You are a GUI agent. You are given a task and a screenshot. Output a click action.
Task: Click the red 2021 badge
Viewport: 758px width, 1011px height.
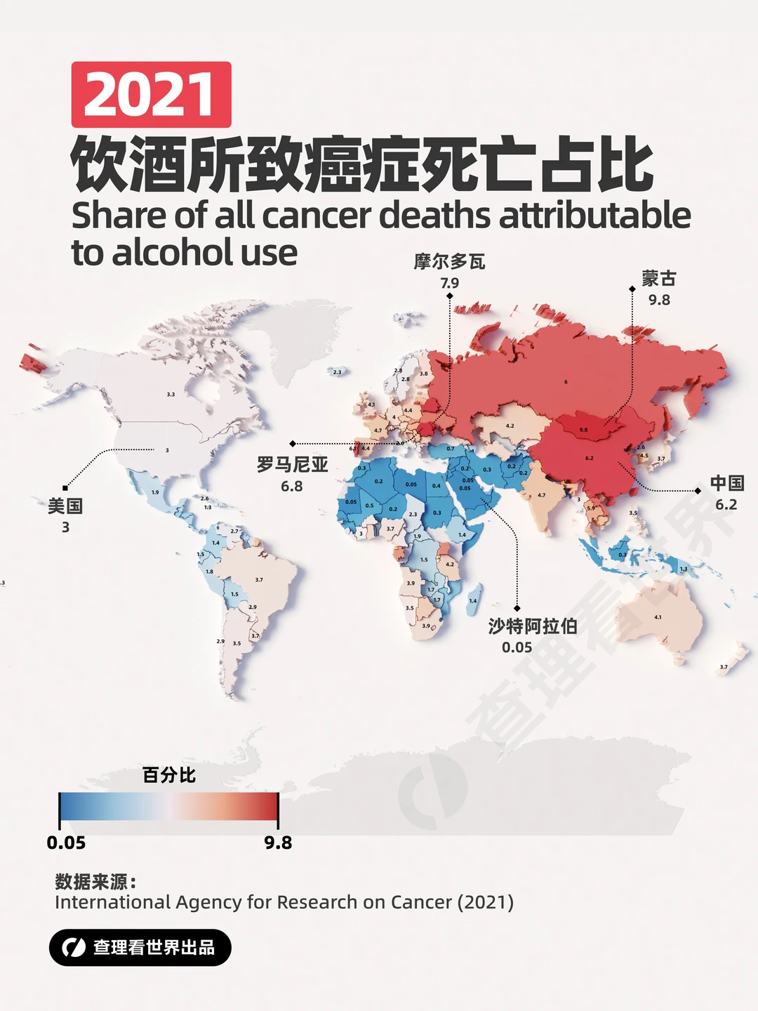(151, 95)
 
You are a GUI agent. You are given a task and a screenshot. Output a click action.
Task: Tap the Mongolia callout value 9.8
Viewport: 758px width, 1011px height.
(659, 300)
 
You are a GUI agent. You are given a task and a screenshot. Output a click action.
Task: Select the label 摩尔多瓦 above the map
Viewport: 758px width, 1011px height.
(449, 262)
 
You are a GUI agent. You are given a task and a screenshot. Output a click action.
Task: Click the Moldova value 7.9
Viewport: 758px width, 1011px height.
(449, 283)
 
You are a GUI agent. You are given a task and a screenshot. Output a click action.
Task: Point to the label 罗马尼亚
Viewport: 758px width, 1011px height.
(292, 464)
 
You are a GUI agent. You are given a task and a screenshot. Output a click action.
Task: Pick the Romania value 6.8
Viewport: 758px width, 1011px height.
(292, 486)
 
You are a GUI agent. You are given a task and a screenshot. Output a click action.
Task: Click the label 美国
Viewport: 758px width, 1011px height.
(65, 505)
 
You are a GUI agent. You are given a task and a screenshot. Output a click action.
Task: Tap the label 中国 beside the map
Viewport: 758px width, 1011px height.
(726, 483)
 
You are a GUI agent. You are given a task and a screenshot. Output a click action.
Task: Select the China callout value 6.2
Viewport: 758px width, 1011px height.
(726, 505)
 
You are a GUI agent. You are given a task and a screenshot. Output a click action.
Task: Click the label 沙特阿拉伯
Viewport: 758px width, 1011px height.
(533, 626)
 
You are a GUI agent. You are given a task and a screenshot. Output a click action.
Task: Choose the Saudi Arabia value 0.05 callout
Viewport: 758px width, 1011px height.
(517, 647)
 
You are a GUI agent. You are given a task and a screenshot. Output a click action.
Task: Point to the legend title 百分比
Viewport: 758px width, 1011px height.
(168, 775)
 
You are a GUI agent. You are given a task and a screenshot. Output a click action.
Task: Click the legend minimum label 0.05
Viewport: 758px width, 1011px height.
(66, 842)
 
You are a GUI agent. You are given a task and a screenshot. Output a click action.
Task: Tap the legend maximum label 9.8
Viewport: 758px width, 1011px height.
(278, 842)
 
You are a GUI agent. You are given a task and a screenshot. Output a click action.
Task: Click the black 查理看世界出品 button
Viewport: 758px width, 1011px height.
(140, 947)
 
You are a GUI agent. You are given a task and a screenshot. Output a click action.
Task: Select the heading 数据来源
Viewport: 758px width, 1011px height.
(95, 882)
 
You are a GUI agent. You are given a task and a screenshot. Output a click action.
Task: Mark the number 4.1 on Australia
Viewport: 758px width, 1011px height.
(658, 617)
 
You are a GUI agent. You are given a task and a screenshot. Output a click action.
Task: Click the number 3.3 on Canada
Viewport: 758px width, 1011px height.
(171, 395)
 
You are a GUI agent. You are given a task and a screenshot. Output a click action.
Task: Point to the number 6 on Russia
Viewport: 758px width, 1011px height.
(566, 382)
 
